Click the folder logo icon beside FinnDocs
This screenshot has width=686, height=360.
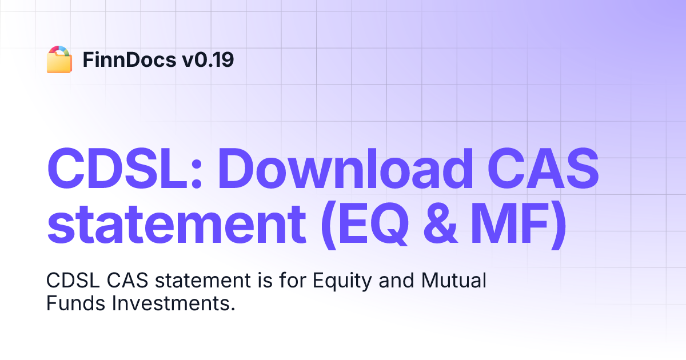[x=59, y=59]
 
